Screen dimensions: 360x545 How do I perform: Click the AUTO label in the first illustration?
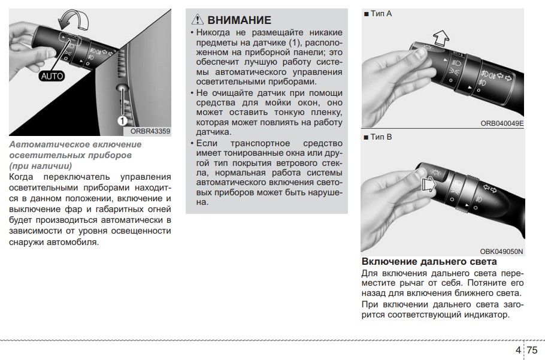pos(52,77)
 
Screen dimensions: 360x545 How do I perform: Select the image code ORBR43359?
pos(151,131)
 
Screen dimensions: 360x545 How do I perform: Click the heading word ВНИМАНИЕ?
pos(239,20)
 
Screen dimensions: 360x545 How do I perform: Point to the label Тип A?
pos(378,13)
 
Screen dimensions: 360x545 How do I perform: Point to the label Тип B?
pos(378,137)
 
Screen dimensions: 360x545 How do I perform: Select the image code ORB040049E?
pos(502,123)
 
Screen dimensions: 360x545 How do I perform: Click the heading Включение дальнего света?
pos(429,262)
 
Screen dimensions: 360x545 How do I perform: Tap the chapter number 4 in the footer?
pos(517,350)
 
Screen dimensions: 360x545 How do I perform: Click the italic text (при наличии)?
pos(41,165)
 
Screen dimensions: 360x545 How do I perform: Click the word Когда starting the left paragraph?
pos(22,177)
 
